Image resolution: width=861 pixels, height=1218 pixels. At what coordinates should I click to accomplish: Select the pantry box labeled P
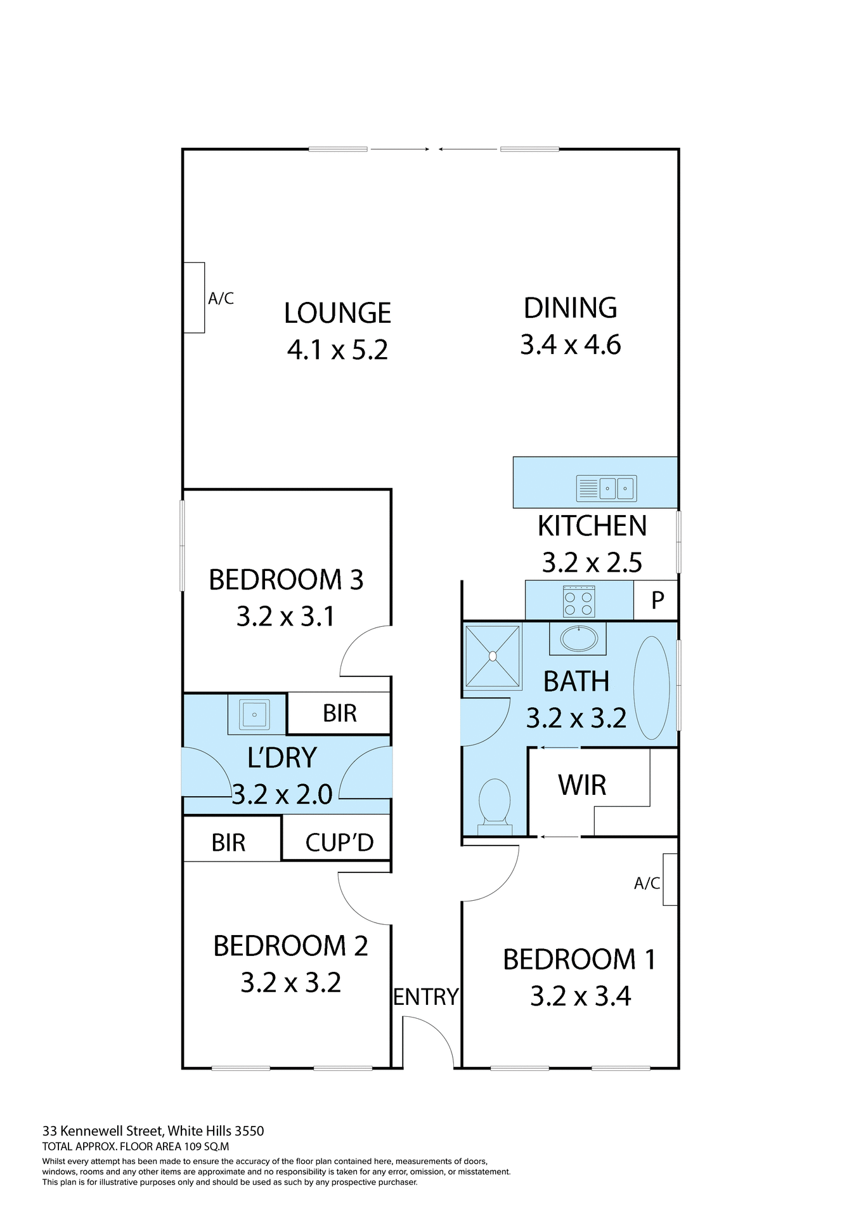click(x=657, y=600)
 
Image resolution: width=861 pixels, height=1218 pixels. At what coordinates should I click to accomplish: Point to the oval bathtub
click(x=651, y=688)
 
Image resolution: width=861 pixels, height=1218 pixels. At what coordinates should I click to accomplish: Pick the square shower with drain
click(x=493, y=657)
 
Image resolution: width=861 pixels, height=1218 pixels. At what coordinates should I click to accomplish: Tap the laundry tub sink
click(x=254, y=714)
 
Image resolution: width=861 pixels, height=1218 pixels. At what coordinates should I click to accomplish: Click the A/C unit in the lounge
click(x=194, y=298)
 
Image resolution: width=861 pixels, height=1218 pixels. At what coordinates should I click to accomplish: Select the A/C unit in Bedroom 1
click(x=670, y=879)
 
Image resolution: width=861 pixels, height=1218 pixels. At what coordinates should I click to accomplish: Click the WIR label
click(x=582, y=785)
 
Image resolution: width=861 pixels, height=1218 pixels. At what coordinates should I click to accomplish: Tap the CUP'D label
click(x=339, y=843)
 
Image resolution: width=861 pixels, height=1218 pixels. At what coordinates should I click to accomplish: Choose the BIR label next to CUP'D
click(x=228, y=843)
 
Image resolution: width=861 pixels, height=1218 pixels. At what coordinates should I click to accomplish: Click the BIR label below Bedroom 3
click(x=340, y=714)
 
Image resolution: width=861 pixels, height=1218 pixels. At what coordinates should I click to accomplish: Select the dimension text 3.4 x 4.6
click(x=570, y=345)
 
